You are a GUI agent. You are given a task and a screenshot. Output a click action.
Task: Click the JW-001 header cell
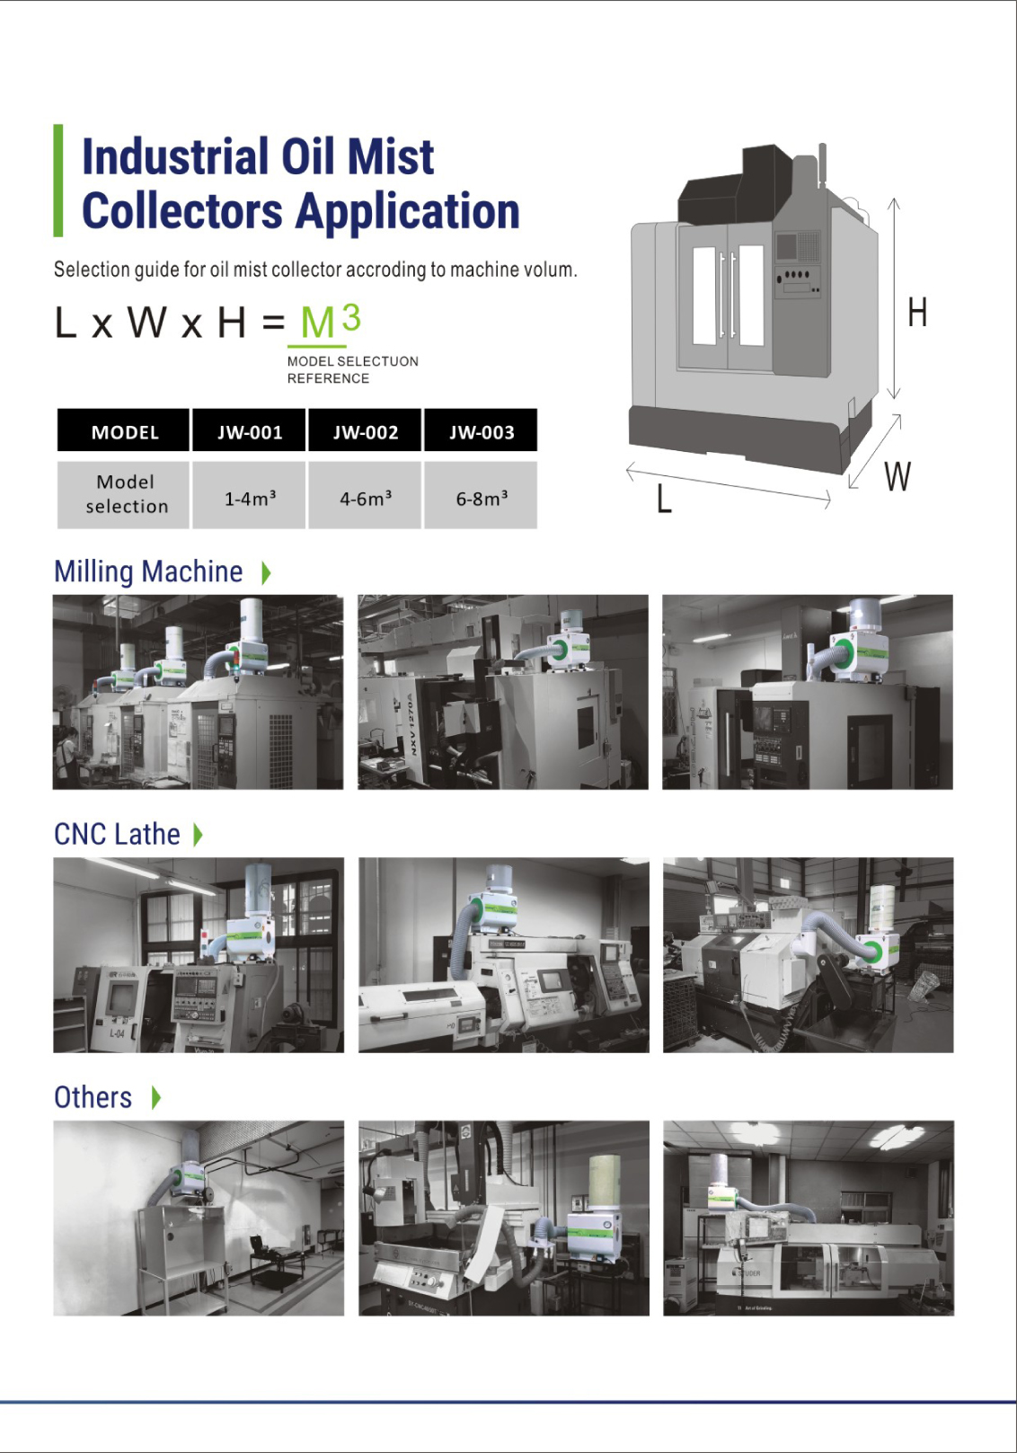tap(249, 430)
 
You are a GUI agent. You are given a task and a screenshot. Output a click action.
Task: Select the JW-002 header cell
tap(365, 430)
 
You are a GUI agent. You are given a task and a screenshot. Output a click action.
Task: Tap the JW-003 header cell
tap(482, 430)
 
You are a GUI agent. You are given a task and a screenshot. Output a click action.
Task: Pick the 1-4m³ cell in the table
tap(249, 496)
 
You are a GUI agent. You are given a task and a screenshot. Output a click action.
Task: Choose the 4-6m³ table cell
tap(365, 496)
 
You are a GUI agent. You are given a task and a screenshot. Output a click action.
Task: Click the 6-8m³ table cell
tap(482, 496)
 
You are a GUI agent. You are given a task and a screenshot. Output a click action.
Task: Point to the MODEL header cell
tap(123, 430)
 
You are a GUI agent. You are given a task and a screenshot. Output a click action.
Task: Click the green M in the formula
tap(317, 323)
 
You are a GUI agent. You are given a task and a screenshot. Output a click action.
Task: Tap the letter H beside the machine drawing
tap(917, 313)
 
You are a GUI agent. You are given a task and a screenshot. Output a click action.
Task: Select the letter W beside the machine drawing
tap(897, 477)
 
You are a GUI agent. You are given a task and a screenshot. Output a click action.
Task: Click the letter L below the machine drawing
tap(664, 499)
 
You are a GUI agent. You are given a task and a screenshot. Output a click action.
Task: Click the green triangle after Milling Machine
tap(265, 572)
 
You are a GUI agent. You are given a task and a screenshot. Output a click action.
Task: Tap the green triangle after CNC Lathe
tap(199, 834)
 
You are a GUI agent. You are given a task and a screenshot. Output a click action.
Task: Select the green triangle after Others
tap(155, 1097)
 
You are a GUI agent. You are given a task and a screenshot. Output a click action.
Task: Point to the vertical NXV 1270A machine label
tap(411, 724)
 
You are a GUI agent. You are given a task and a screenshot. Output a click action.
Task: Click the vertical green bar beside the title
tap(57, 181)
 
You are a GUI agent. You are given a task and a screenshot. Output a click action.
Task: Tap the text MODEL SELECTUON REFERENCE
tap(352, 369)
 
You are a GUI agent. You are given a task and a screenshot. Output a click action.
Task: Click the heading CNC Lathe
tap(117, 834)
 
